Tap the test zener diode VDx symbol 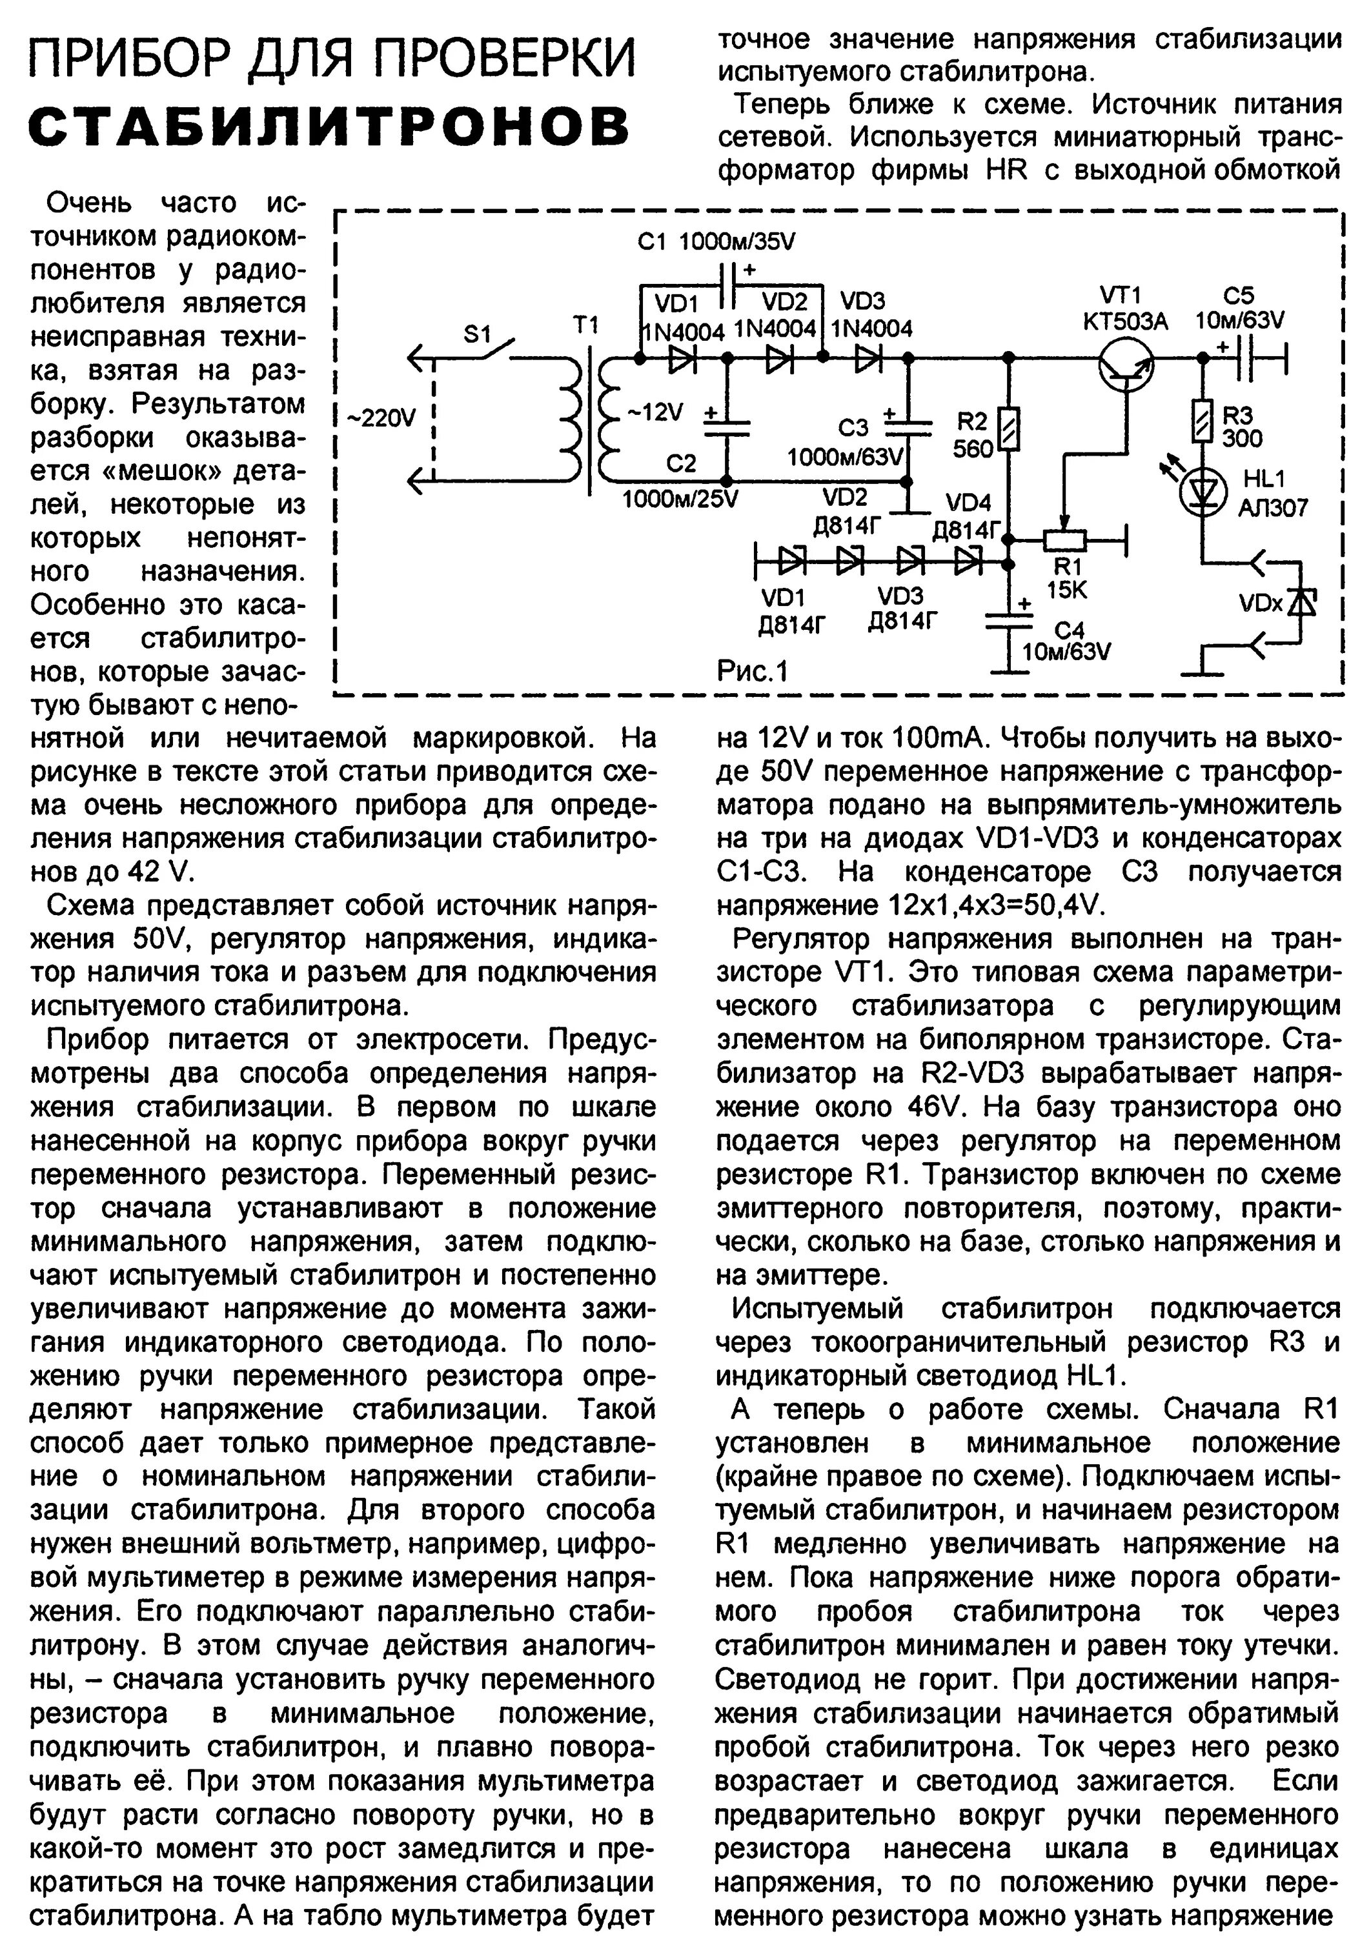(x=1303, y=603)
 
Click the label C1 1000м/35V (x=716, y=243)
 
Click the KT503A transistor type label (x=1125, y=321)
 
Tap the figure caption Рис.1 (x=752, y=671)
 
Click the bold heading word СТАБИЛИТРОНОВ (x=330, y=126)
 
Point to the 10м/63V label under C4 (x=1066, y=652)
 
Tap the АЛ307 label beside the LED (x=1273, y=509)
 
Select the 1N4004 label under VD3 (x=872, y=329)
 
